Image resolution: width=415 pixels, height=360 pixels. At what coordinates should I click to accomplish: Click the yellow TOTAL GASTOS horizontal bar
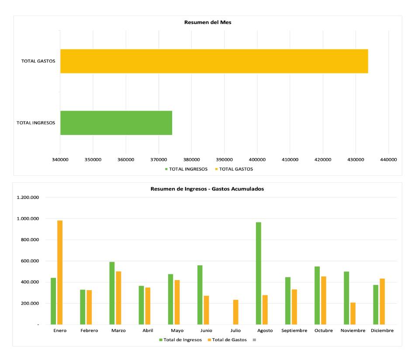click(214, 61)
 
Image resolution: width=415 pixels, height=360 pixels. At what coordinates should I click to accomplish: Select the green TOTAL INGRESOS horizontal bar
click(116, 123)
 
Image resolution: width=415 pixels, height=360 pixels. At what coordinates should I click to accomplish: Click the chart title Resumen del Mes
click(207, 22)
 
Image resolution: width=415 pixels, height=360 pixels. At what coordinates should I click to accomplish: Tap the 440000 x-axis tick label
click(388, 159)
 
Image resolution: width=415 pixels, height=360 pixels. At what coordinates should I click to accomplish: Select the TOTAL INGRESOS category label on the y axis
click(36, 123)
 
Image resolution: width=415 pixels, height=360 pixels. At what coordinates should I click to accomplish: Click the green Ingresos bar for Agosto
click(259, 273)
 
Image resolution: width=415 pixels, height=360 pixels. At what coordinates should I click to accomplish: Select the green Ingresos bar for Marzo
click(112, 293)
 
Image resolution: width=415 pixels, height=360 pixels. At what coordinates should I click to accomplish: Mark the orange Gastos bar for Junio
click(206, 310)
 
